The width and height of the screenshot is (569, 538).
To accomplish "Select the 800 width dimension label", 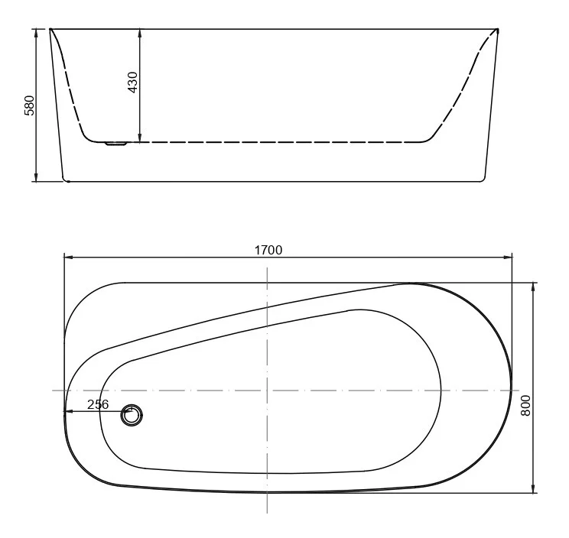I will pos(525,406).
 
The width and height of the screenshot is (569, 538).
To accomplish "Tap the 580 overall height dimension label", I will pos(29,105).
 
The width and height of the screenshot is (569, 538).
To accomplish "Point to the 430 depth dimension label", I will pos(132,83).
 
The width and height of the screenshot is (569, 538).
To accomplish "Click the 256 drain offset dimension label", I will pos(98,404).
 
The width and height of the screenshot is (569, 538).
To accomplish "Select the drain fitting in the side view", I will pos(116,143).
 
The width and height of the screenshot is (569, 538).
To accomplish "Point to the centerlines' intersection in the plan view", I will pos(266,391).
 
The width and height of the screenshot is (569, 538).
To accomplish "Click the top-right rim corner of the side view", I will pos(498,30).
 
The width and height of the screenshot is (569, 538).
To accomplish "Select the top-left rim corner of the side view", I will pos(51,30).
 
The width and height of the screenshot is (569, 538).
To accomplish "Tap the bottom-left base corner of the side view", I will pos(64,180).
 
